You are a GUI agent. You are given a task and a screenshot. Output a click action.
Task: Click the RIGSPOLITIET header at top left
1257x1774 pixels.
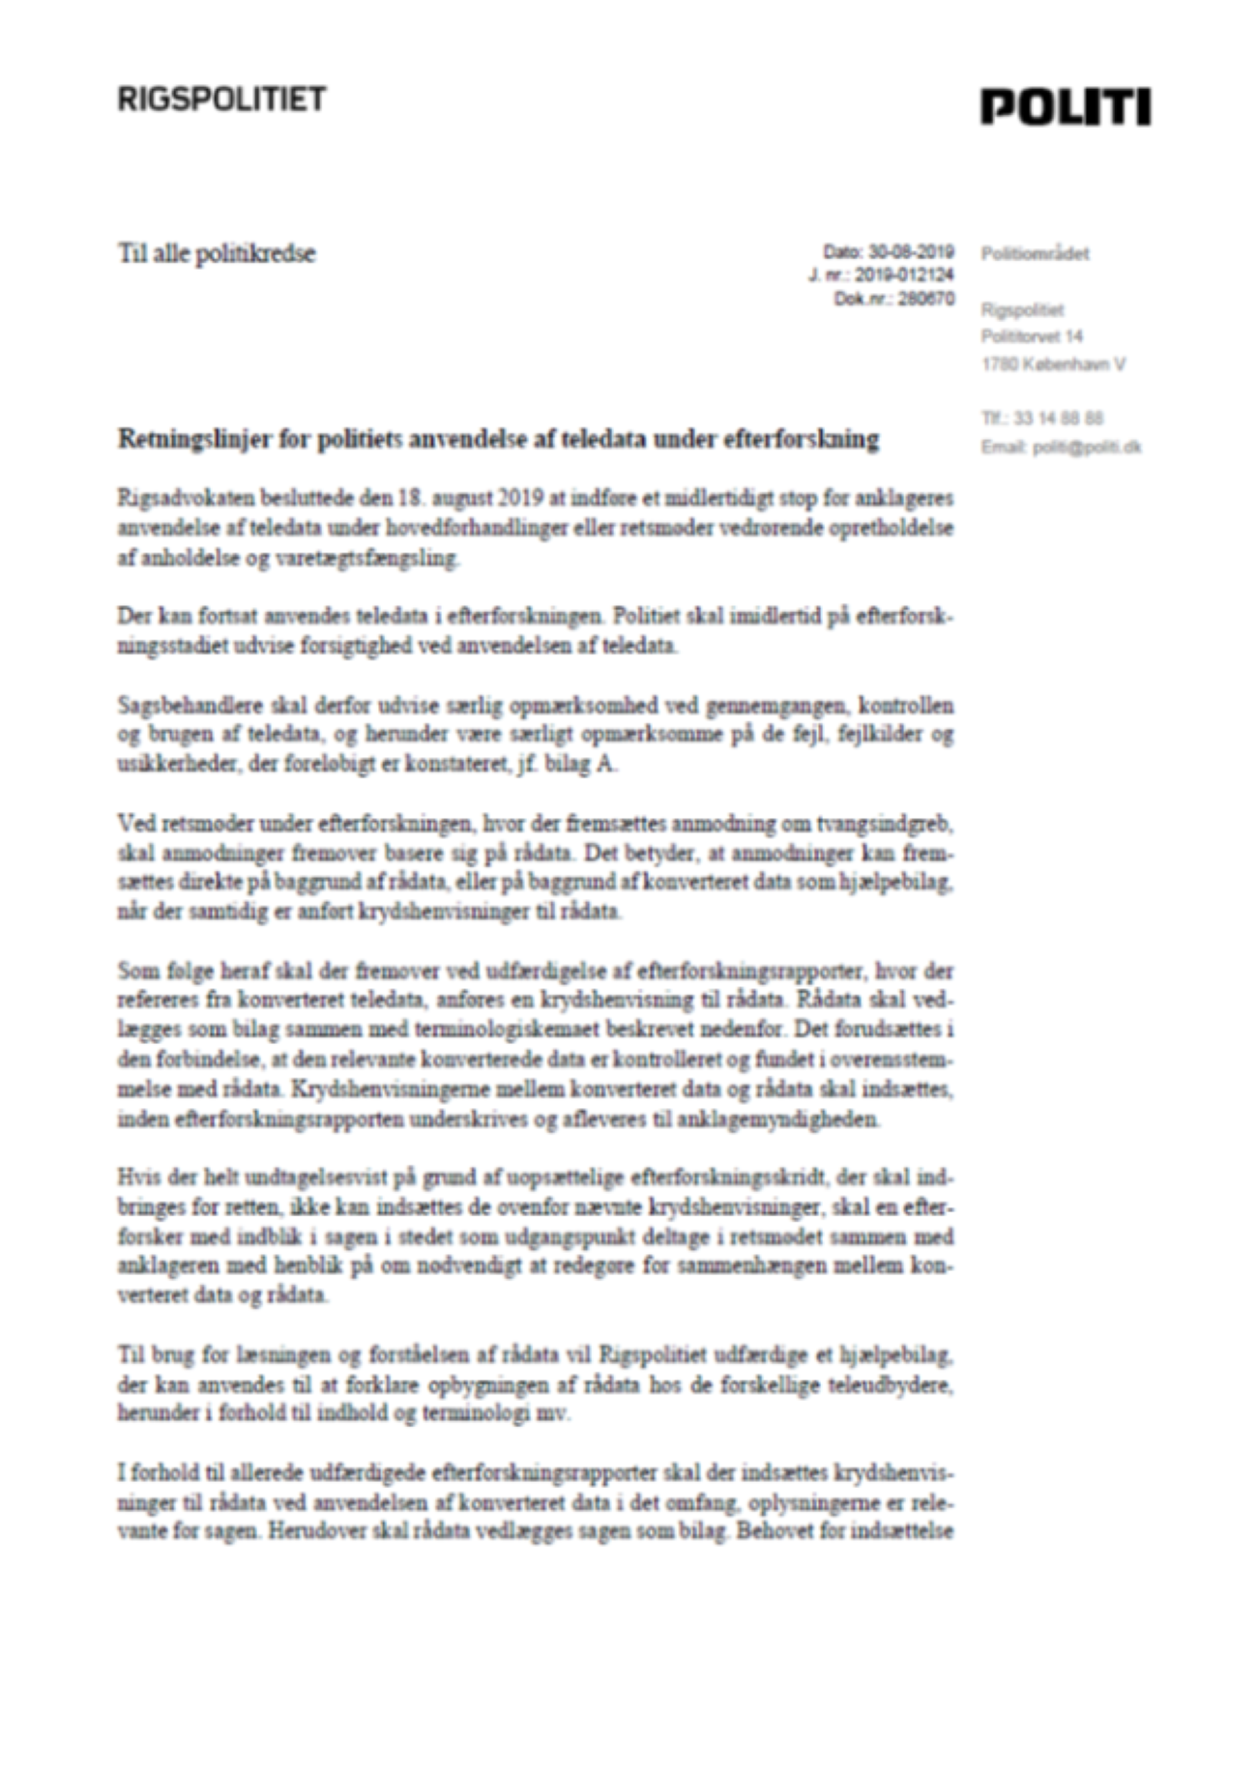click(221, 99)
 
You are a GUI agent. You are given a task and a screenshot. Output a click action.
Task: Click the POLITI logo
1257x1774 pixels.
click(1066, 106)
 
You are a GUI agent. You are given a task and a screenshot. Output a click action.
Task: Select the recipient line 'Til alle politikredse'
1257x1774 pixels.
click(217, 254)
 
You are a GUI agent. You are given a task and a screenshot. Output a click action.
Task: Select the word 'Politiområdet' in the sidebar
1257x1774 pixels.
click(1035, 254)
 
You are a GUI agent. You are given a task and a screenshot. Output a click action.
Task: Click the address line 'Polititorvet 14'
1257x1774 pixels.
click(1032, 336)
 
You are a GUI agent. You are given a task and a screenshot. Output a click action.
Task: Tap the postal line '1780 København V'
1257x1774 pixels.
click(1053, 364)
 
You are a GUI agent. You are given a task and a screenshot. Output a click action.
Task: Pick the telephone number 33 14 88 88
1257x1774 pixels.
click(1057, 419)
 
